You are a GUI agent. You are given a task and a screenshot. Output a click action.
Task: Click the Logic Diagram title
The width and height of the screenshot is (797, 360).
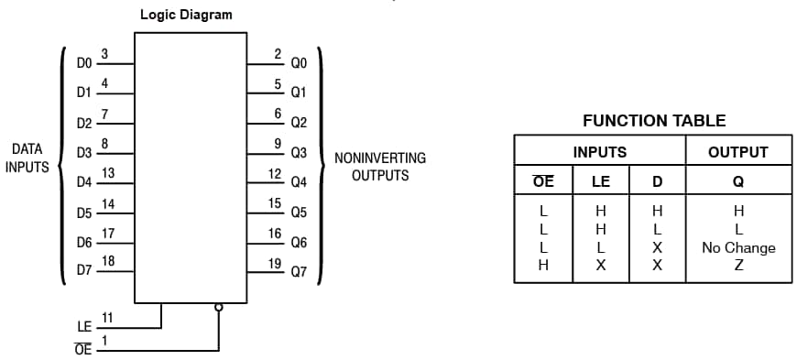pyautogui.click(x=186, y=15)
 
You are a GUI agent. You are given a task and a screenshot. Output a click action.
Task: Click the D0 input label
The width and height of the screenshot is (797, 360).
pyautogui.click(x=84, y=63)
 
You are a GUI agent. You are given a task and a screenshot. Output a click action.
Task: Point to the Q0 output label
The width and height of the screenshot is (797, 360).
pyautogui.click(x=299, y=63)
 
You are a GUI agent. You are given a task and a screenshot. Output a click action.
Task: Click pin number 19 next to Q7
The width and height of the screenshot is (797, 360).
pyautogui.click(x=276, y=264)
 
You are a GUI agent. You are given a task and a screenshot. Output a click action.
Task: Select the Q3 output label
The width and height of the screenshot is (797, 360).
pyautogui.click(x=299, y=153)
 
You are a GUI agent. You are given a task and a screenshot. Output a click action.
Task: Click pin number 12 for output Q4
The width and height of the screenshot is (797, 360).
pyautogui.click(x=275, y=173)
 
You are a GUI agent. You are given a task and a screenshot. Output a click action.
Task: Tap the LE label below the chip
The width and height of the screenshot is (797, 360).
pyautogui.click(x=84, y=326)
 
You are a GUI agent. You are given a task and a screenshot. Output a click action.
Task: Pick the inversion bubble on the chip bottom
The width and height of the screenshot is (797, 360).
pyautogui.click(x=218, y=307)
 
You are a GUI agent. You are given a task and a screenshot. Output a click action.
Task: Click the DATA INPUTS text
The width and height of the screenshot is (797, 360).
pyautogui.click(x=27, y=158)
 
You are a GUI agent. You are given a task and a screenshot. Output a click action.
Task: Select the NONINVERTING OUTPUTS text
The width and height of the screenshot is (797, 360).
pyautogui.click(x=379, y=166)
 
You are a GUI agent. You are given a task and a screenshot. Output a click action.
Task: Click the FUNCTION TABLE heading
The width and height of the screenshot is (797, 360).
pyautogui.click(x=654, y=120)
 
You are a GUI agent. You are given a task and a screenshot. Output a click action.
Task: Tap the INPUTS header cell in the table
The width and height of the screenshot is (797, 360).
pyautogui.click(x=599, y=152)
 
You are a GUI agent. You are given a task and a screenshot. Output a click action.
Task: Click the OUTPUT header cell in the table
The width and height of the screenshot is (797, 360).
pyautogui.click(x=737, y=152)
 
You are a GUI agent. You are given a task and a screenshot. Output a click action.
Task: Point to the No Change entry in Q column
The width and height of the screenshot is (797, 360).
pyautogui.click(x=738, y=247)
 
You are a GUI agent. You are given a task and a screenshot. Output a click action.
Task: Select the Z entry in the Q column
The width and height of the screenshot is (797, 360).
pyautogui.click(x=738, y=266)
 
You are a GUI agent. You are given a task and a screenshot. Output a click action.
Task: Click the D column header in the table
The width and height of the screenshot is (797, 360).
pyautogui.click(x=657, y=180)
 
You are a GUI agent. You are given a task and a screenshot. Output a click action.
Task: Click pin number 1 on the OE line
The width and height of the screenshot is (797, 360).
pyautogui.click(x=104, y=340)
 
